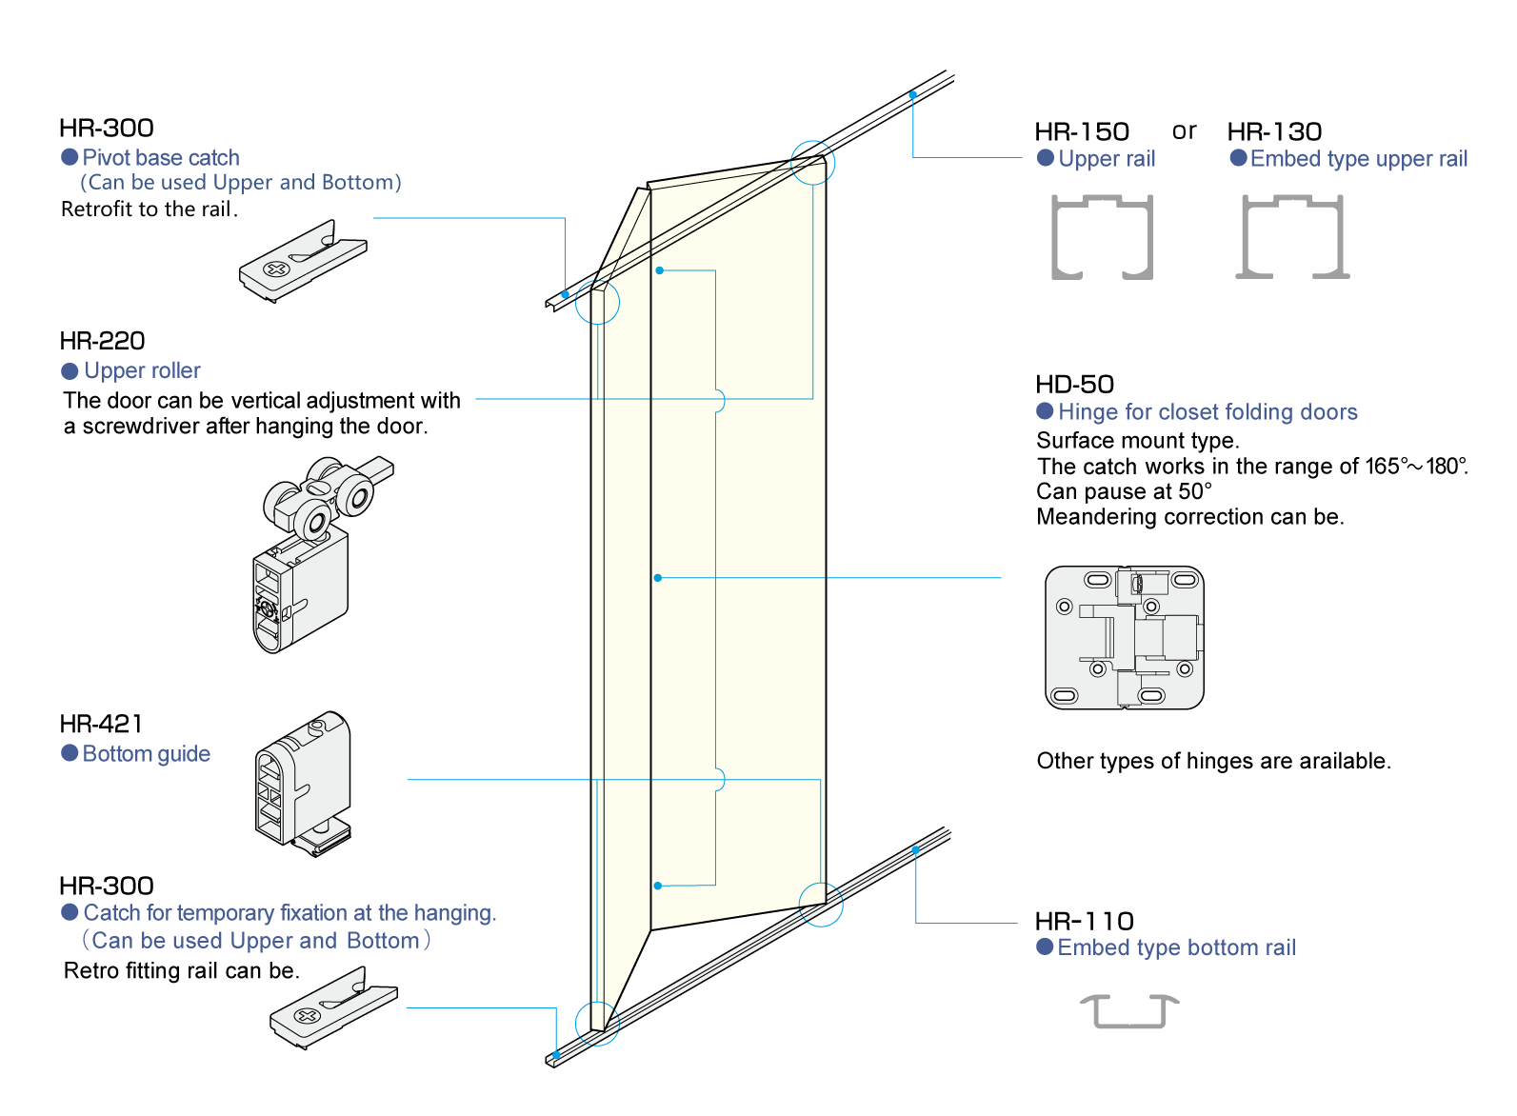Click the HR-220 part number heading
(102, 341)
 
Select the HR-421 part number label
(101, 724)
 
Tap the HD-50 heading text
(1074, 384)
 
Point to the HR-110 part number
(1084, 921)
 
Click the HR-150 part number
(1082, 131)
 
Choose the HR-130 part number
(1274, 131)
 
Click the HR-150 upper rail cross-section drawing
(1102, 237)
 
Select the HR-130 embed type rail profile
(1292, 237)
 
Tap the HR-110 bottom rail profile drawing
(1129, 1010)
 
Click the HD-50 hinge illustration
(1125, 637)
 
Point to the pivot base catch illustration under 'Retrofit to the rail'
(303, 261)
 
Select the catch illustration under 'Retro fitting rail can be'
(333, 1007)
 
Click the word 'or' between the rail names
(1184, 130)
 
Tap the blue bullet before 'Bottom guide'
(70, 753)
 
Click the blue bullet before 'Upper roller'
(70, 370)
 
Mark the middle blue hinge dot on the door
(658, 578)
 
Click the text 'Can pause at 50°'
(1124, 491)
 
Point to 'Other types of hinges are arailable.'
(1213, 761)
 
